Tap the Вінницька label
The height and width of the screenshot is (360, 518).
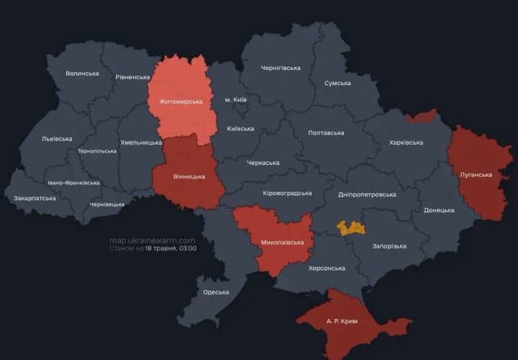[189, 176]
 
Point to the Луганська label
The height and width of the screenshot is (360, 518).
[476, 174]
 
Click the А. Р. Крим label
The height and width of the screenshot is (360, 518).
[342, 321]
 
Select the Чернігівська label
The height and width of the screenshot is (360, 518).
[281, 68]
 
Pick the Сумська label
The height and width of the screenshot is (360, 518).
[337, 83]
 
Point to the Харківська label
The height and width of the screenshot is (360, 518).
[406, 143]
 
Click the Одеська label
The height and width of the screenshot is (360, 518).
[216, 292]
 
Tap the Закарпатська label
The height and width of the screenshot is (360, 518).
[35, 197]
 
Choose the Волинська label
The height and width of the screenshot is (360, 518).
[82, 73]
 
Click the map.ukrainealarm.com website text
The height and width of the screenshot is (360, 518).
[153, 240]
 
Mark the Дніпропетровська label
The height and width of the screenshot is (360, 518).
[367, 194]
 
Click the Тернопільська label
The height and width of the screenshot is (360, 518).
[97, 151]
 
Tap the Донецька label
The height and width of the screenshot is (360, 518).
[439, 210]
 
